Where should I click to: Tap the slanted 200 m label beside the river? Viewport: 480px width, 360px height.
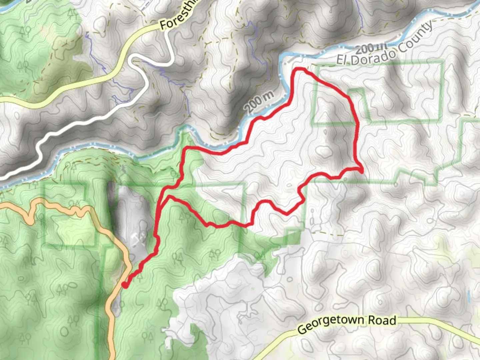259,102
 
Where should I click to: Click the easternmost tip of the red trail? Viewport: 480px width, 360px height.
362,171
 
